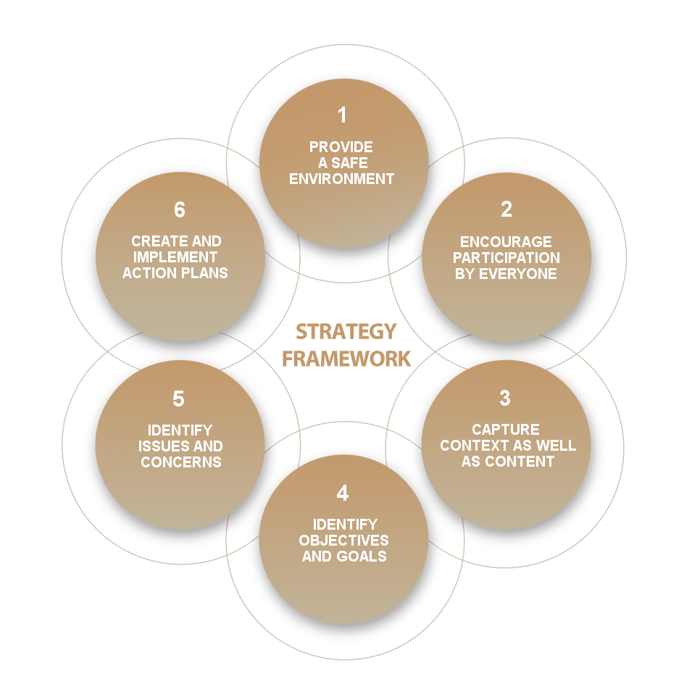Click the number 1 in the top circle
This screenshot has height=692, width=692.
[x=342, y=115]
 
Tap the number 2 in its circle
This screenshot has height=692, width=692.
[x=506, y=209]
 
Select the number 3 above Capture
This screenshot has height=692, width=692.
[x=505, y=399]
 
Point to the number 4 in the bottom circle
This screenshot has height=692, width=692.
[x=343, y=493]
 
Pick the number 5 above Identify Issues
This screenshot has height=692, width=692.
[x=179, y=399]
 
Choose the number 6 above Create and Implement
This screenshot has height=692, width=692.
[x=180, y=210]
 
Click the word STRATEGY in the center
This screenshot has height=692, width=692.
[x=346, y=332]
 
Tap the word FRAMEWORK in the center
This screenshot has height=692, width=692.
[x=346, y=359]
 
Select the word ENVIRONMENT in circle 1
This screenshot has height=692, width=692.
[x=342, y=179]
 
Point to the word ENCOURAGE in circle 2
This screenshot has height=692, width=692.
[x=506, y=242]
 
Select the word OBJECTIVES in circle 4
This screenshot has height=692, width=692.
[x=343, y=541]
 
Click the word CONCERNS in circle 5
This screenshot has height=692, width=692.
[x=180, y=462]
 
